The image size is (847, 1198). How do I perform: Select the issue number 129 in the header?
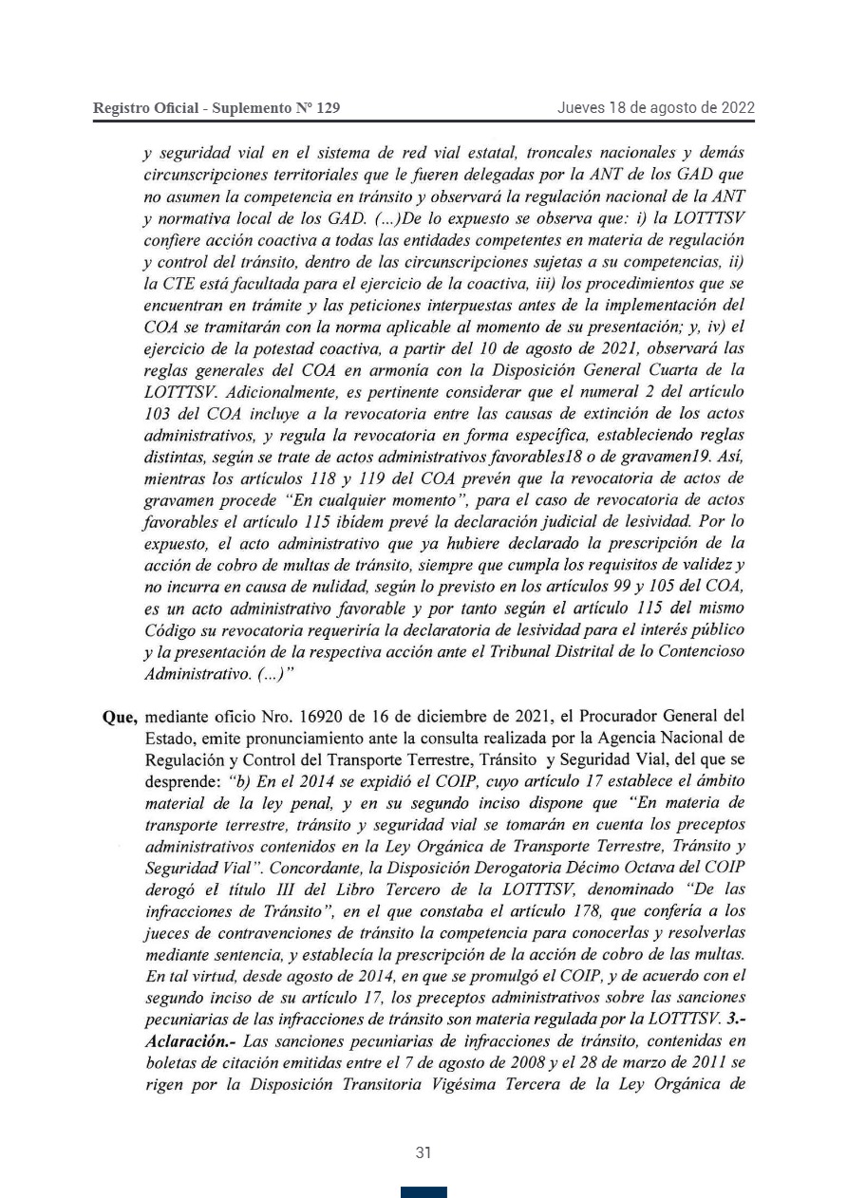(326, 108)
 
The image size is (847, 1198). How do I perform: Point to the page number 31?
(423, 1152)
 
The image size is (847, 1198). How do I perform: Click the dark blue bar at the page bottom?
(423, 1192)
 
